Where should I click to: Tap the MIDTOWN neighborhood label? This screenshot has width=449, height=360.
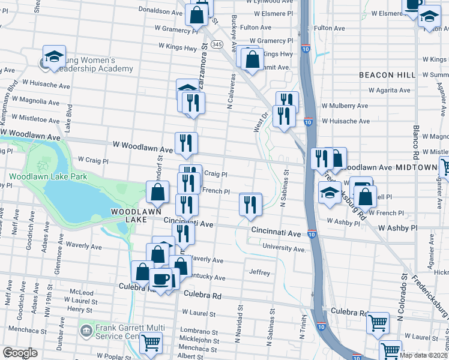(x=427, y=168)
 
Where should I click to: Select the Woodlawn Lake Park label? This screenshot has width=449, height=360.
(x=47, y=176)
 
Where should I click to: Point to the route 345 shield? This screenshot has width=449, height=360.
(x=217, y=44)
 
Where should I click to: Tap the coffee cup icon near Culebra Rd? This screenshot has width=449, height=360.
(x=160, y=278)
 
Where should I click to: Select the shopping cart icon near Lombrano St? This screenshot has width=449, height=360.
(x=151, y=343)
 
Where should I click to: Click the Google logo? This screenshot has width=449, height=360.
(x=20, y=352)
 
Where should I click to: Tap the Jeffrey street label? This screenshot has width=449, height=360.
(x=259, y=272)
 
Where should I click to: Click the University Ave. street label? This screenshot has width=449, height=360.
(x=284, y=248)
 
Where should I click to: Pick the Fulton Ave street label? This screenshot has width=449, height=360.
(x=329, y=28)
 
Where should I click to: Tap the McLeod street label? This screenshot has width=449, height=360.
(x=81, y=292)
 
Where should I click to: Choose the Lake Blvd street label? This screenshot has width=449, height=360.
(x=70, y=115)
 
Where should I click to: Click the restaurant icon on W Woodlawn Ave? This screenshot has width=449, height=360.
(x=186, y=142)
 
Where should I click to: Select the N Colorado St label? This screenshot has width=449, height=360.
(x=399, y=307)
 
